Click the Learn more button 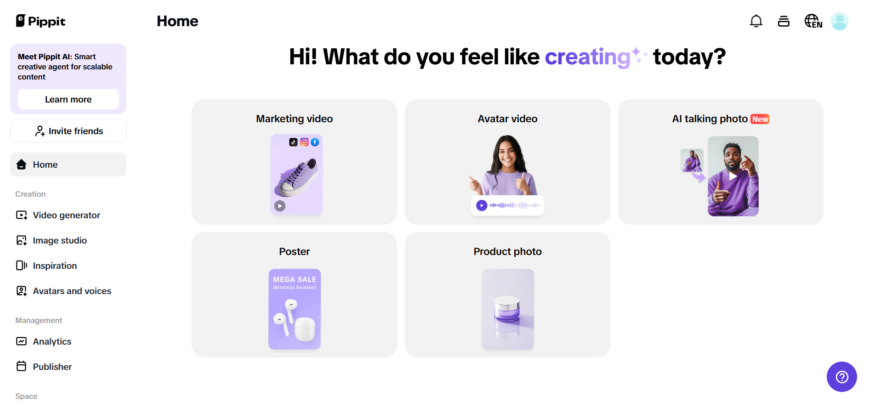point(68,99)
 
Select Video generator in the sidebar point(66,215)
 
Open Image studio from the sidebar point(60,240)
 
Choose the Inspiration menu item point(55,266)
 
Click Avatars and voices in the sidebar point(72,291)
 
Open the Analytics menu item point(52,341)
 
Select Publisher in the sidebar point(52,367)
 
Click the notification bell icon point(756,21)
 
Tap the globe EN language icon point(813,21)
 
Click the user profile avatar point(839,21)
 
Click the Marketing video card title point(294,119)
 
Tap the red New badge point(760,119)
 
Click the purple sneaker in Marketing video point(297,177)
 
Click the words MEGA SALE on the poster point(295,279)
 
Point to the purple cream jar point(506,308)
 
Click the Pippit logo point(41,21)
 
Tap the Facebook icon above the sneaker point(315,142)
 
